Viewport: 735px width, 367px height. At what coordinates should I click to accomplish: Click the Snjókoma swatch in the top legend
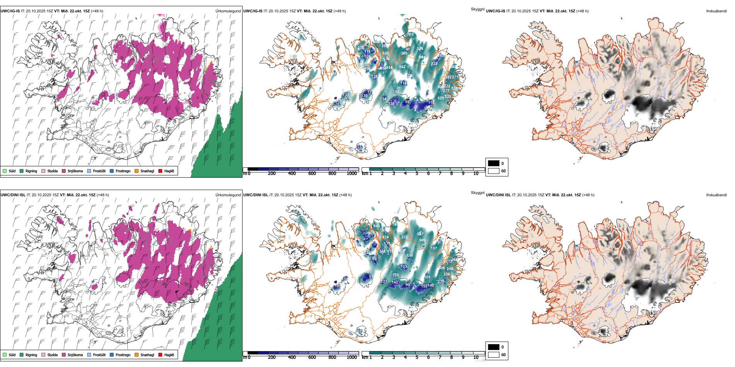pyautogui.click(x=64, y=171)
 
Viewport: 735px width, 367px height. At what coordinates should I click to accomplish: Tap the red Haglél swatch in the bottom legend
pyautogui.click(x=160, y=355)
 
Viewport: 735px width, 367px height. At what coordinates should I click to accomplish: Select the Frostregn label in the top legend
pyautogui.click(x=123, y=171)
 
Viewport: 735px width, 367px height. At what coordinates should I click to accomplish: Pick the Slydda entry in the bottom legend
pyautogui.click(x=52, y=355)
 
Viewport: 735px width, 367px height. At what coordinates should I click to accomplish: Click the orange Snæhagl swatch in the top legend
pyautogui.click(x=137, y=171)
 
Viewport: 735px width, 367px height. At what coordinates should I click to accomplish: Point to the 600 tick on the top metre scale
pyautogui.click(x=312, y=173)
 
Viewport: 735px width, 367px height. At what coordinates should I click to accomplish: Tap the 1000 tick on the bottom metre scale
pyautogui.click(x=352, y=357)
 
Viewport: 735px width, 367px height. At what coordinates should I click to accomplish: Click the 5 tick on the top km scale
pyautogui.click(x=417, y=173)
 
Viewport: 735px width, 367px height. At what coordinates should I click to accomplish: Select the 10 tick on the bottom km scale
pyautogui.click(x=476, y=357)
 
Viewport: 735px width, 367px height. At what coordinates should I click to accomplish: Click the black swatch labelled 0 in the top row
pyautogui.click(x=494, y=163)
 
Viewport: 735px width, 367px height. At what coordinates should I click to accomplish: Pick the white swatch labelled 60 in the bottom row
pyautogui.click(x=494, y=355)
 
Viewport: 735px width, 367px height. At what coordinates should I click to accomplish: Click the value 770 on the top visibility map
pyautogui.click(x=410, y=35)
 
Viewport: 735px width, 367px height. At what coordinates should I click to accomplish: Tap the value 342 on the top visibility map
pyautogui.click(x=402, y=67)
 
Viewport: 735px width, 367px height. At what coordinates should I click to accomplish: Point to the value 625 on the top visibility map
pyautogui.click(x=441, y=98)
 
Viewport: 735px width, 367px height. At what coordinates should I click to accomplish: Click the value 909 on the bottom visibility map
pyautogui.click(x=422, y=240)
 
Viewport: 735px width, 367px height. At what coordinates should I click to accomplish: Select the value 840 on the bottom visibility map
pyautogui.click(x=376, y=226)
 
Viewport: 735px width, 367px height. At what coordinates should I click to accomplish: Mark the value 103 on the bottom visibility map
pyautogui.click(x=403, y=267)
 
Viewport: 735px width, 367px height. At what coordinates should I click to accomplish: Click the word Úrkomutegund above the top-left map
pyautogui.click(x=228, y=11)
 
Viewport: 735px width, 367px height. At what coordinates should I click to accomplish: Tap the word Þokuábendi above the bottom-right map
pyautogui.click(x=716, y=195)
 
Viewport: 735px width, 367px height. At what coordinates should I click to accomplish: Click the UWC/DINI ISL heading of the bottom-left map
pyautogui.click(x=13, y=195)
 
